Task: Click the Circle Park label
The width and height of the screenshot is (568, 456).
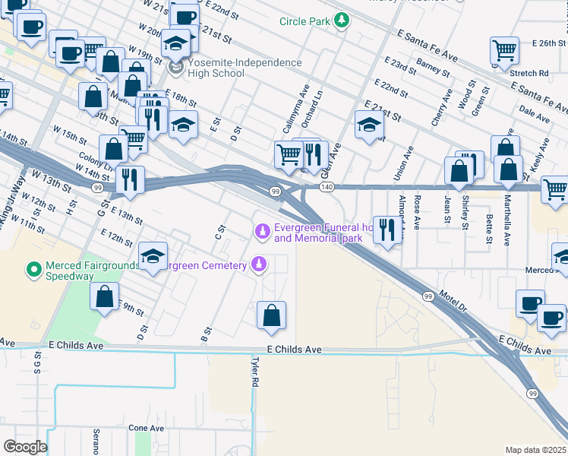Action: [305, 21]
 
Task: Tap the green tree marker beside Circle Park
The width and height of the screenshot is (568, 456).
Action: [342, 21]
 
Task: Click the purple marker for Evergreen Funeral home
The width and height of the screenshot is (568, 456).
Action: [263, 230]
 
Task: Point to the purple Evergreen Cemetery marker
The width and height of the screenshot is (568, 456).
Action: [260, 264]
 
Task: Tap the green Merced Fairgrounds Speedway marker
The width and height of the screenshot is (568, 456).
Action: [33, 269]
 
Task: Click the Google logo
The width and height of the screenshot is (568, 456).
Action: [24, 447]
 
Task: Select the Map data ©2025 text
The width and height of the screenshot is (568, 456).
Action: [535, 450]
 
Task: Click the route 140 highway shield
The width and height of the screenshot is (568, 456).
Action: [327, 187]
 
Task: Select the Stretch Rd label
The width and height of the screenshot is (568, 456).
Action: [529, 74]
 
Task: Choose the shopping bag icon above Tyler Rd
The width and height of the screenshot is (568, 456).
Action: [272, 315]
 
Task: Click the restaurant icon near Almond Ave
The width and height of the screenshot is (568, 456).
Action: [388, 230]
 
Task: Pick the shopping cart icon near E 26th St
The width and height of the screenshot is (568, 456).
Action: [504, 50]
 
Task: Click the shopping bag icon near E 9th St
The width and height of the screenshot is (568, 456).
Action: [105, 296]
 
